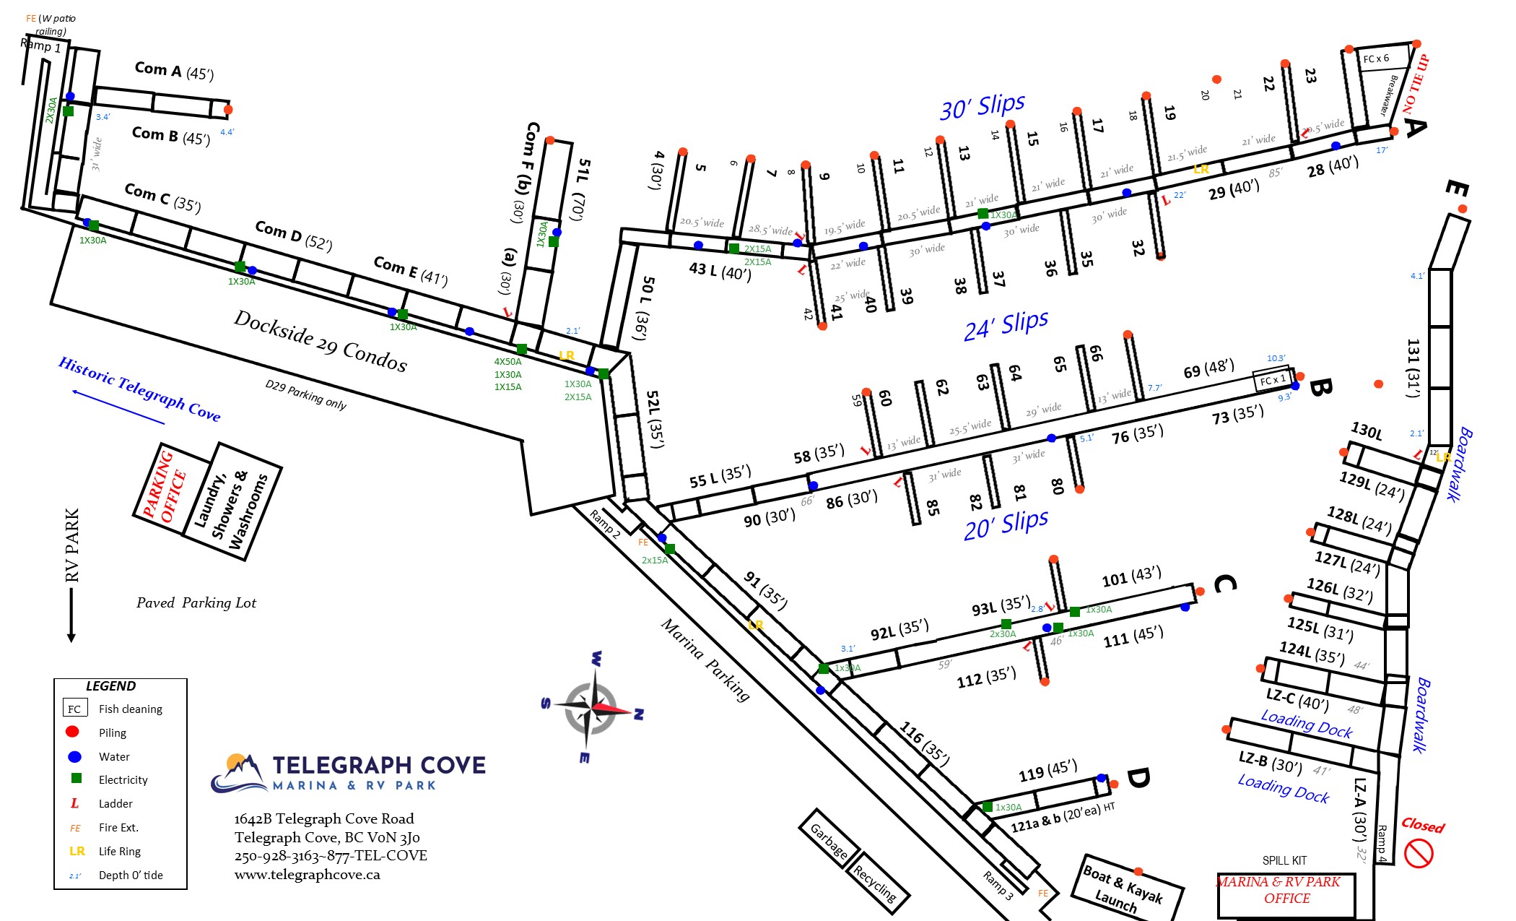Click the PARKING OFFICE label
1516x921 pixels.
click(x=165, y=486)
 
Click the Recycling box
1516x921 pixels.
click(x=876, y=883)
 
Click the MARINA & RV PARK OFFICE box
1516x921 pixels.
click(x=1286, y=894)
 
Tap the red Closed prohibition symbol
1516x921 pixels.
click(x=1418, y=854)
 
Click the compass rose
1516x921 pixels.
click(x=594, y=708)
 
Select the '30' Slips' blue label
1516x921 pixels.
click(x=982, y=107)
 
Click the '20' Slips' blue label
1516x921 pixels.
click(x=1006, y=524)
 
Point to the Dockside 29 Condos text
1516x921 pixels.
click(x=321, y=341)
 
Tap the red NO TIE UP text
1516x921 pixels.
click(x=1416, y=84)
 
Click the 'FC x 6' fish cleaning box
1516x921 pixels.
click(x=1376, y=59)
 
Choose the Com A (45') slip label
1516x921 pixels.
click(x=174, y=71)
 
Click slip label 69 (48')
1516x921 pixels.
click(x=1208, y=368)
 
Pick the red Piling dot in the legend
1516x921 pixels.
click(x=72, y=732)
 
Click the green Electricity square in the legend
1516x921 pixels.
click(x=76, y=779)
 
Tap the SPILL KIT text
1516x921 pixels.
click(x=1284, y=860)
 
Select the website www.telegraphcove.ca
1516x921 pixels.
click(x=307, y=875)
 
